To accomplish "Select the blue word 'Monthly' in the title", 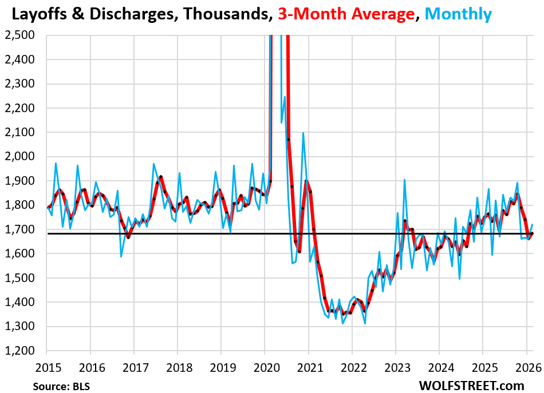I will tap(457, 13).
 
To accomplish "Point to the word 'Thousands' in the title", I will tap(222, 13).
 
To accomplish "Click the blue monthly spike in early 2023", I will tap(404, 180).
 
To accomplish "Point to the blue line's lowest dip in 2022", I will tap(365, 324).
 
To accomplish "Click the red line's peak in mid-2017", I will tap(161, 177).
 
